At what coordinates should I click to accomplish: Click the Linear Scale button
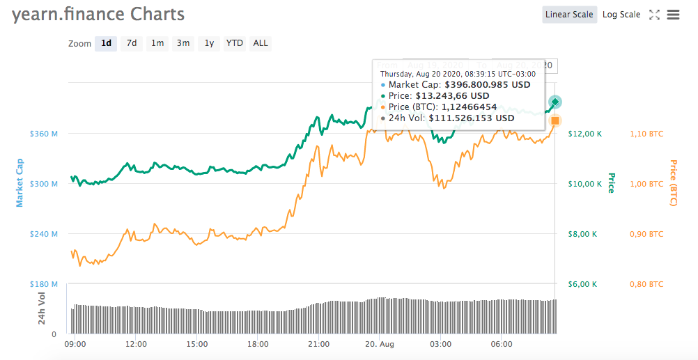(x=569, y=15)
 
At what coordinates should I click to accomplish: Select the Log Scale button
(x=621, y=15)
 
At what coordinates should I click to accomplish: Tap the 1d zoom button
(x=106, y=43)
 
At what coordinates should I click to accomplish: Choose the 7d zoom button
(x=131, y=43)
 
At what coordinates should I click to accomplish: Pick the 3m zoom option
(x=183, y=43)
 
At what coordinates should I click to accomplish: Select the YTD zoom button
(x=235, y=43)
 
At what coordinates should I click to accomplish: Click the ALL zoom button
(x=260, y=43)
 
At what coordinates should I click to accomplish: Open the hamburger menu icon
(x=673, y=15)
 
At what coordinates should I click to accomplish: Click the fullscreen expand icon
(x=654, y=15)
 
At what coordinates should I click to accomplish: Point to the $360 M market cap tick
(x=43, y=134)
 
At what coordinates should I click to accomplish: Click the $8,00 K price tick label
(x=582, y=234)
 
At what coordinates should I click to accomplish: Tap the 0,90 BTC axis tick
(x=646, y=234)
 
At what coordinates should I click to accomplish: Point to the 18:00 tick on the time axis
(x=258, y=344)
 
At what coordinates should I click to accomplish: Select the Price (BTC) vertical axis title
(x=674, y=183)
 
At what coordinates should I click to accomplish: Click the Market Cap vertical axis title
(x=20, y=182)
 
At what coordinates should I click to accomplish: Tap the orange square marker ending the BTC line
(x=555, y=120)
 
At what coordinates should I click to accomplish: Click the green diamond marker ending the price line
(x=554, y=102)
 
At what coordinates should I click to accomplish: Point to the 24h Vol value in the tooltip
(x=471, y=118)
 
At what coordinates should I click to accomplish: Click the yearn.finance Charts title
(x=98, y=14)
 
